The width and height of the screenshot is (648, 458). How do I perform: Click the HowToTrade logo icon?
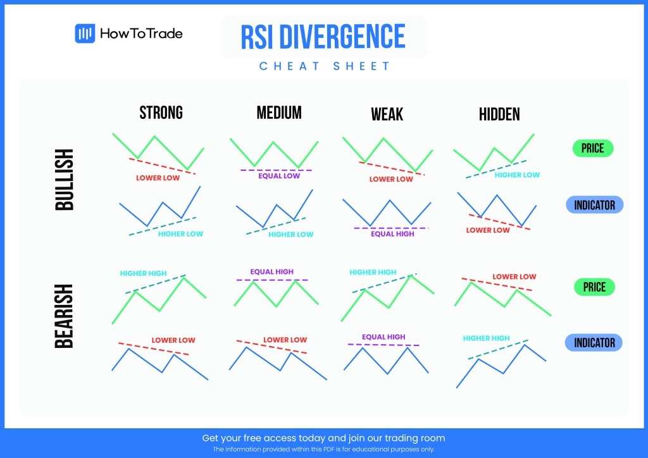click(85, 34)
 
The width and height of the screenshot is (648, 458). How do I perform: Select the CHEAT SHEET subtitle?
click(325, 66)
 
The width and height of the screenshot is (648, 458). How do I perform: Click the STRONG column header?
click(161, 113)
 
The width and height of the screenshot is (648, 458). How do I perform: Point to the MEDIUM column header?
click(279, 113)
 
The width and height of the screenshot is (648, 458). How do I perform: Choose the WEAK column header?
click(387, 114)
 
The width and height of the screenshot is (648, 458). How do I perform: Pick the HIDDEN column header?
click(499, 114)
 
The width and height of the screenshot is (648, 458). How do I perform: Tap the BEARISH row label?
click(65, 316)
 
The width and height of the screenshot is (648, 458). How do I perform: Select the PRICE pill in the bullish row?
click(592, 149)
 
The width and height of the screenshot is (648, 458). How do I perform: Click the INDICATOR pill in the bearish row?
click(594, 343)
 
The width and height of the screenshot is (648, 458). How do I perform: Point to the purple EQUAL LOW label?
click(279, 176)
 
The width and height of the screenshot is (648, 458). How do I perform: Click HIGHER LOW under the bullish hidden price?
click(517, 175)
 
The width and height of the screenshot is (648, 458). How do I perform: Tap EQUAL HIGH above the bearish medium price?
click(271, 272)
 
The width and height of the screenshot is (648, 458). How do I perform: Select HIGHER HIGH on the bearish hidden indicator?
click(486, 338)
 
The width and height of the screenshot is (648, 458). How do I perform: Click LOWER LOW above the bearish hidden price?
click(514, 276)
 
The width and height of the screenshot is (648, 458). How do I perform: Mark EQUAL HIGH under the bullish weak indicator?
click(392, 234)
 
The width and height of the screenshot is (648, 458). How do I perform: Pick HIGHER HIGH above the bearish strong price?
click(143, 273)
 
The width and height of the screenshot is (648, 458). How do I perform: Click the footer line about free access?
click(323, 438)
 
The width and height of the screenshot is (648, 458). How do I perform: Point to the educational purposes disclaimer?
click(323, 449)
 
